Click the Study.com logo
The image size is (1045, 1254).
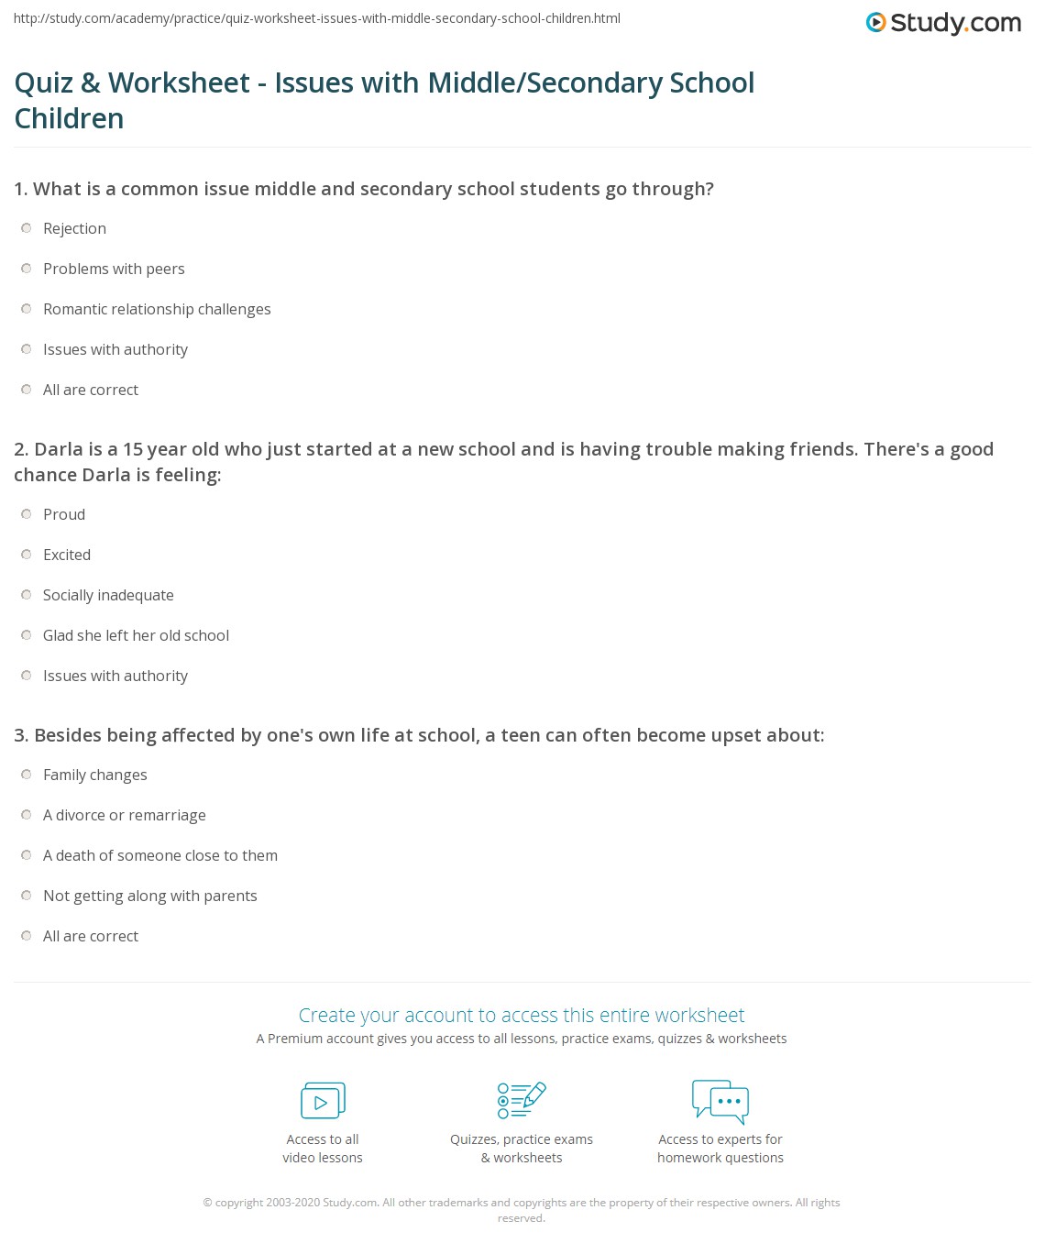click(x=943, y=22)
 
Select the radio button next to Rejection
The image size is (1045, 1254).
click(x=27, y=228)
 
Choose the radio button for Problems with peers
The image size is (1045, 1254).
click(x=27, y=269)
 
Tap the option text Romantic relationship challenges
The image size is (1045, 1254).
click(x=157, y=309)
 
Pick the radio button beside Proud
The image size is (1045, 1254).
click(x=27, y=514)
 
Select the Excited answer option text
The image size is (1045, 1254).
click(x=67, y=555)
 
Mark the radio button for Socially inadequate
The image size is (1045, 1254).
click(x=27, y=595)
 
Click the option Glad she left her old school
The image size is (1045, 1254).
click(x=136, y=635)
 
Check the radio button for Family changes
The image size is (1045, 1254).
click(x=27, y=775)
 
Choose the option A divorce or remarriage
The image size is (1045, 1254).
click(x=125, y=815)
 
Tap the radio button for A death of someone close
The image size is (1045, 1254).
click(x=27, y=855)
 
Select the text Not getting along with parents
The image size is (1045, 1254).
click(x=150, y=896)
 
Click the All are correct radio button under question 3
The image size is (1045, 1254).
click(x=27, y=936)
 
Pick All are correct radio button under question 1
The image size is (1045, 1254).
click(x=27, y=390)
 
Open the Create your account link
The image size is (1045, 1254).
click(x=522, y=1015)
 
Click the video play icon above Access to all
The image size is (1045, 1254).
click(x=323, y=1101)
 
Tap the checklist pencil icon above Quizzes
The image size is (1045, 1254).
click(x=522, y=1100)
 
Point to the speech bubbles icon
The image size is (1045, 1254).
click(x=720, y=1101)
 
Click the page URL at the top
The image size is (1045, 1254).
click(x=317, y=18)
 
